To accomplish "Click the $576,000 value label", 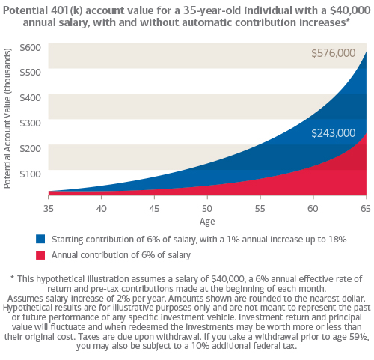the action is click(x=334, y=53).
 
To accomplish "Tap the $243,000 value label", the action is click(x=334, y=133).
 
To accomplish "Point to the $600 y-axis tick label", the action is click(x=30, y=47).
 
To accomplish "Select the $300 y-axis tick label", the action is click(x=30, y=123).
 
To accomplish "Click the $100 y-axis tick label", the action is click(x=30, y=174).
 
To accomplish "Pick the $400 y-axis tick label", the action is click(x=30, y=97).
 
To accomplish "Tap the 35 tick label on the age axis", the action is click(x=49, y=208).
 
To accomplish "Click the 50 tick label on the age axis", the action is click(x=207, y=208).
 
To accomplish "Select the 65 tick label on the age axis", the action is click(x=366, y=208).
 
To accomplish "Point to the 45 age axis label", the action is click(x=154, y=208).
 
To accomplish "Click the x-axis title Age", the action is click(x=207, y=222).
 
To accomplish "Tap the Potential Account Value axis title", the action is click(x=7, y=118).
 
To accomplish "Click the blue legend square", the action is click(x=40, y=239).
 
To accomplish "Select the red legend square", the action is click(x=40, y=255).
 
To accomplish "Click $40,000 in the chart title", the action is click(x=350, y=10).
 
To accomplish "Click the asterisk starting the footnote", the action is click(x=12, y=278).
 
